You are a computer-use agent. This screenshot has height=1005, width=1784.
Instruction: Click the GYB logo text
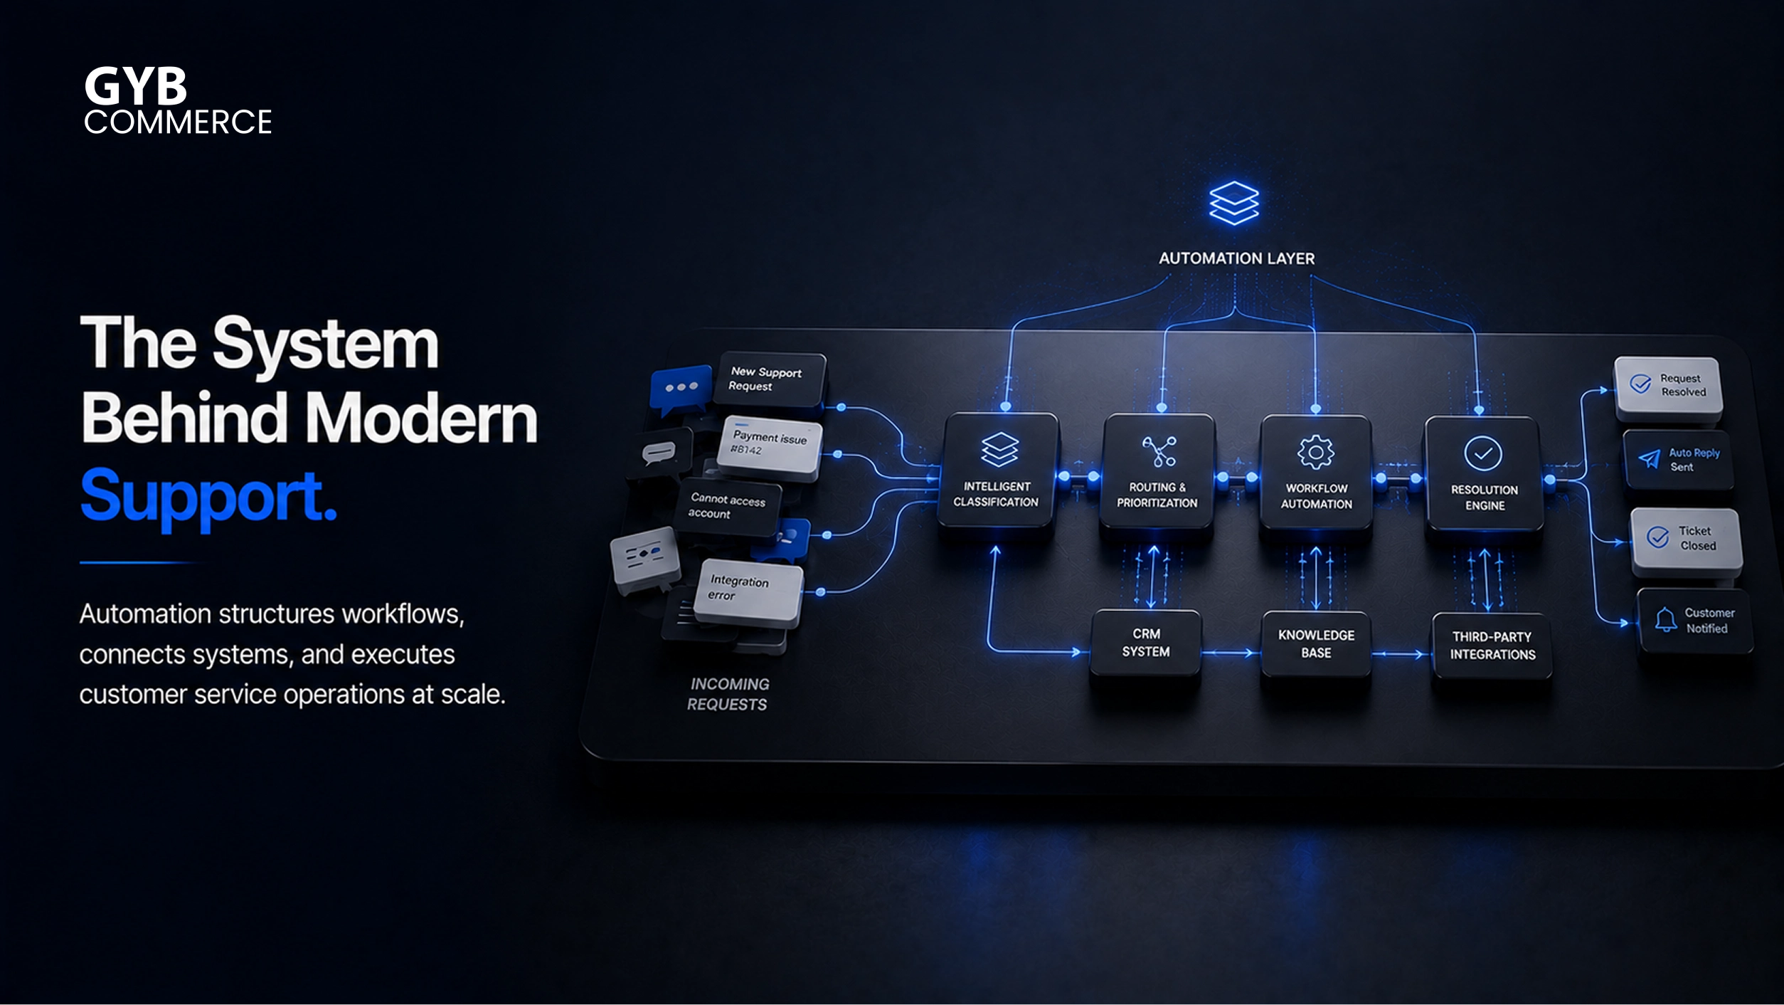pos(136,86)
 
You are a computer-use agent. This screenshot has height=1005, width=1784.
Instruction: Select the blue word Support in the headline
pos(208,497)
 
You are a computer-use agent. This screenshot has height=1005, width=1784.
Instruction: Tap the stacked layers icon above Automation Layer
pos(1234,203)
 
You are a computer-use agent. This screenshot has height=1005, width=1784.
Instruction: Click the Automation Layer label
pos(1236,258)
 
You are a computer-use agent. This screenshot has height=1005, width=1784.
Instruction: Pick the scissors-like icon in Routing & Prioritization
pos(1159,451)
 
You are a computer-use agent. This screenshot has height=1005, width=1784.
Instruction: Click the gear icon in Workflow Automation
pos(1316,452)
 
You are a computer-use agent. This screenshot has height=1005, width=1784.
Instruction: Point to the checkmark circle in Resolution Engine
pos(1483,453)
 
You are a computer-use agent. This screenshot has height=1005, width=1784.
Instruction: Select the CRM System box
pos(1146,643)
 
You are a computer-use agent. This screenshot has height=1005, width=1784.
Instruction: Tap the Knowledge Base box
pos(1316,644)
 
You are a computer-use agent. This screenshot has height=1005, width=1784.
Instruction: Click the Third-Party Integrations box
pos(1492,646)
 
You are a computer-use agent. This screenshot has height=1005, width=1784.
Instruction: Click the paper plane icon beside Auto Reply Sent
pos(1649,459)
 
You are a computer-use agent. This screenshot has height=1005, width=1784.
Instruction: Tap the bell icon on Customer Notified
pos(1665,619)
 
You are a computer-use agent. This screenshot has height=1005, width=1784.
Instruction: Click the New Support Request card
pos(770,379)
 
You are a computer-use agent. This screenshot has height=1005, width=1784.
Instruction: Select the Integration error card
pos(748,590)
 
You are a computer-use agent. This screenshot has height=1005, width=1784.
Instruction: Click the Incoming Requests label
pos(728,694)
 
